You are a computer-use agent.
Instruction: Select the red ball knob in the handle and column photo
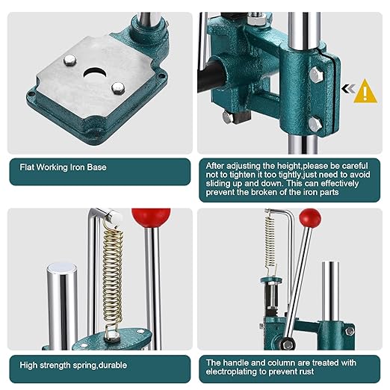310,218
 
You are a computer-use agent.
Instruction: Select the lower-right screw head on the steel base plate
117,89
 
